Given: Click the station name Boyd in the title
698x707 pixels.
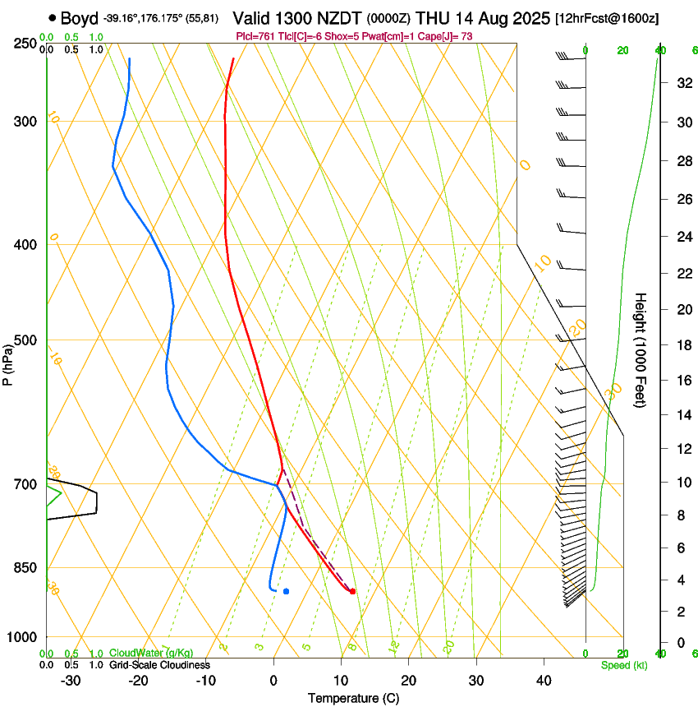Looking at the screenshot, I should pyautogui.click(x=80, y=18).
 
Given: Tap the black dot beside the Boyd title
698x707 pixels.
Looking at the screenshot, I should pyautogui.click(x=53, y=17).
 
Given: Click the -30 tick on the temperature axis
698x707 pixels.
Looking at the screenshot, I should pyautogui.click(x=71, y=681).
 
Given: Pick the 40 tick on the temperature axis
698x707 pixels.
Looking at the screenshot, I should pyautogui.click(x=544, y=681).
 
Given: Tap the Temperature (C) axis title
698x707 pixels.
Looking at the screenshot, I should pyautogui.click(x=353, y=698).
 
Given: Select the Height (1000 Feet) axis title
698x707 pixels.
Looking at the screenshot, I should pyautogui.click(x=641, y=349).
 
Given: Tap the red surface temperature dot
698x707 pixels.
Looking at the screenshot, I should pyautogui.click(x=352, y=591).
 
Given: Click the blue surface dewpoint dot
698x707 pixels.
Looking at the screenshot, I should pyautogui.click(x=286, y=591).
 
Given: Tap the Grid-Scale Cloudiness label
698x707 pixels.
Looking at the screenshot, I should pyautogui.click(x=159, y=664).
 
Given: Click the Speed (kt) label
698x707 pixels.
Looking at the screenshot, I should pyautogui.click(x=623, y=665).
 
